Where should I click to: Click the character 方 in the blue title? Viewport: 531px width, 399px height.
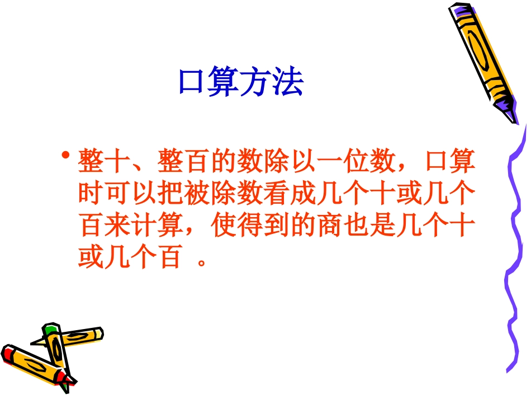pyautogui.click(x=257, y=83)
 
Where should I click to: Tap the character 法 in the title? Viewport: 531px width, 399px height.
pyautogui.click(x=288, y=83)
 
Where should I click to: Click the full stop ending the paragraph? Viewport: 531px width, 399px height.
pyautogui.click(x=203, y=263)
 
